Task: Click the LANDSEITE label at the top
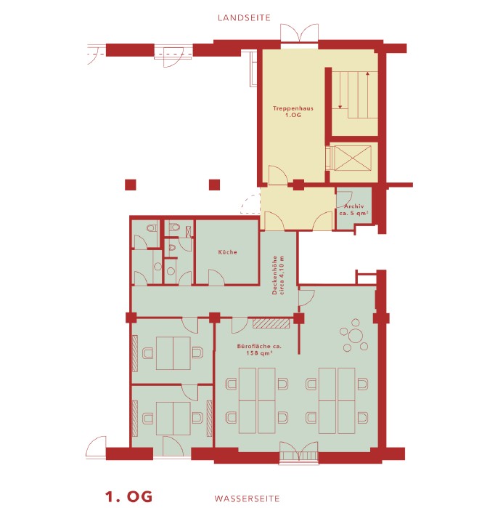(x=244, y=18)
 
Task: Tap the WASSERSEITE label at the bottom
(x=247, y=499)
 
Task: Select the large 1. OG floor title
(x=128, y=496)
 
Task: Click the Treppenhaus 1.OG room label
(x=293, y=111)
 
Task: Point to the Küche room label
(x=228, y=252)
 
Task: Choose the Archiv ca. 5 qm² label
(x=354, y=209)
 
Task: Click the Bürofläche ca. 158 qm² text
(x=259, y=350)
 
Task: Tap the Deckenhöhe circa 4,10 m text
(x=278, y=275)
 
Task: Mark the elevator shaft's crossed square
(x=353, y=158)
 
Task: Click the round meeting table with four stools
(x=355, y=336)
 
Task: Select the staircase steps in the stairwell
(x=355, y=94)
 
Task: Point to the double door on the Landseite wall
(x=300, y=33)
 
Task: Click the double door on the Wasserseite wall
(x=299, y=451)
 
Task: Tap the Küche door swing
(x=216, y=278)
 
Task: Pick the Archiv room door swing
(x=344, y=199)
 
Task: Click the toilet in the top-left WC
(x=152, y=227)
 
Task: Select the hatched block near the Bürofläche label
(x=271, y=323)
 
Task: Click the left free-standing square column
(x=131, y=185)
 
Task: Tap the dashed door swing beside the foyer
(x=250, y=203)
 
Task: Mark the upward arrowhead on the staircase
(x=368, y=74)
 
